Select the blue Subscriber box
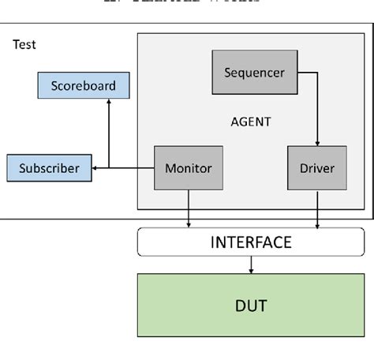(x=49, y=168)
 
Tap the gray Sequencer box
(x=254, y=73)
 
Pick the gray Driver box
(x=317, y=168)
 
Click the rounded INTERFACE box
(x=251, y=242)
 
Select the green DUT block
(x=251, y=306)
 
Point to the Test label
(x=24, y=45)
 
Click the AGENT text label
(x=250, y=122)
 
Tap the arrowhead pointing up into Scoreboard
(x=109, y=103)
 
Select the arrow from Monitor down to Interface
(x=189, y=210)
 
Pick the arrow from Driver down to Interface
(x=317, y=210)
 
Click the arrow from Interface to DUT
(x=251, y=265)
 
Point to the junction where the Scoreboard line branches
(x=109, y=168)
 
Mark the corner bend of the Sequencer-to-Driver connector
(x=317, y=73)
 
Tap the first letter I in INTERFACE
(x=213, y=242)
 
